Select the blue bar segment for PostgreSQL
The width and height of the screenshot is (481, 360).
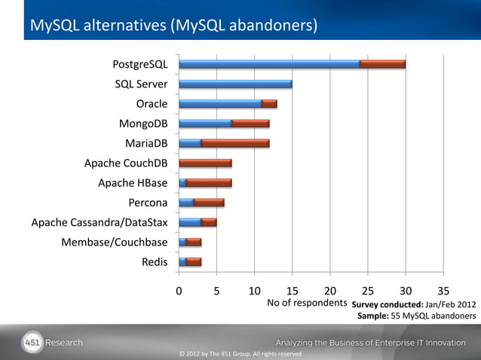(x=269, y=64)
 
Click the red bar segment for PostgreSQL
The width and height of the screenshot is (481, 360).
(x=383, y=64)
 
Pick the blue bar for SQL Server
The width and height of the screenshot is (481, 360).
(x=235, y=84)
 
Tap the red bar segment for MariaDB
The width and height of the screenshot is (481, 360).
(x=235, y=143)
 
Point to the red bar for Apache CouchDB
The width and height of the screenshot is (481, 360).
(x=205, y=163)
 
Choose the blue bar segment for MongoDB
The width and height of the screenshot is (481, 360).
(x=205, y=124)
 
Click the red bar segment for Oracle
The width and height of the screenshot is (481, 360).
(x=269, y=103)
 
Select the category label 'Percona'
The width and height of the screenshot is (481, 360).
(x=148, y=203)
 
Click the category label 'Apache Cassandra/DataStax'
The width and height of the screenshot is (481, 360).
(x=100, y=222)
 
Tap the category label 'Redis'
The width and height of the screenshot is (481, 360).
(x=155, y=262)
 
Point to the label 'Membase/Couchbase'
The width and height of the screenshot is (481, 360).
(x=115, y=242)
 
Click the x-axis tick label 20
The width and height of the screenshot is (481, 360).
(x=329, y=291)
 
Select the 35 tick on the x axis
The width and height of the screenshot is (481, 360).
(x=443, y=291)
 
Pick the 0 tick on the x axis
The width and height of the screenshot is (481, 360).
(x=179, y=291)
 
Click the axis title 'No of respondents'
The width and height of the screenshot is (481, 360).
(x=307, y=304)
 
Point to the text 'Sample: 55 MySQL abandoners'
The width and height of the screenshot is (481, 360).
(x=416, y=316)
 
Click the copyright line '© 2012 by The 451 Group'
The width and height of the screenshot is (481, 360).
(x=240, y=354)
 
